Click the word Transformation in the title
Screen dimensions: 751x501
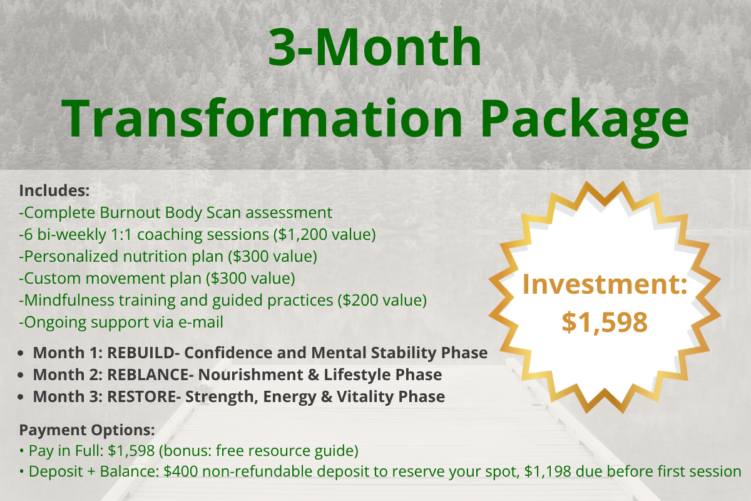point(262,118)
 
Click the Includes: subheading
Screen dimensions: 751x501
point(54,190)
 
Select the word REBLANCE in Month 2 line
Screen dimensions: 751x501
point(148,374)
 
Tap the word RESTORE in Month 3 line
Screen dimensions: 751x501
point(141,396)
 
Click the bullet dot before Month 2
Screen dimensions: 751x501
point(21,375)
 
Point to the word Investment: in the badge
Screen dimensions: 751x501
point(605,284)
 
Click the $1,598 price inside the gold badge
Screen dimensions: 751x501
point(605,322)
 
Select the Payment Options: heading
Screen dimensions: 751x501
point(87,430)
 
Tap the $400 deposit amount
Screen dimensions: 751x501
point(181,472)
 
